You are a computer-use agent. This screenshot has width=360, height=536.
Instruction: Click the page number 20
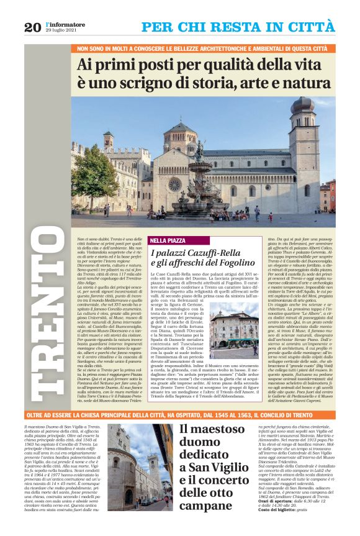[x=33, y=27]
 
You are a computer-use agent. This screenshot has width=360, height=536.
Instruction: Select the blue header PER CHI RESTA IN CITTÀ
[x=238, y=27]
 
